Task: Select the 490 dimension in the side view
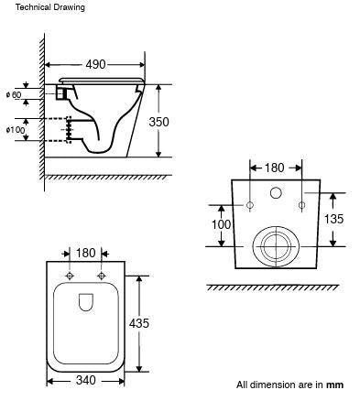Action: [x=95, y=64]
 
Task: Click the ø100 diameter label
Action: [x=16, y=129]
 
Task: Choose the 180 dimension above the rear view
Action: [x=276, y=168]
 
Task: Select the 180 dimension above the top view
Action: [x=84, y=252]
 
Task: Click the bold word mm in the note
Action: [x=335, y=385]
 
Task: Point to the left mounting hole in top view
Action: [x=70, y=276]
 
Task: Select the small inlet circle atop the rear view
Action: [x=276, y=193]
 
